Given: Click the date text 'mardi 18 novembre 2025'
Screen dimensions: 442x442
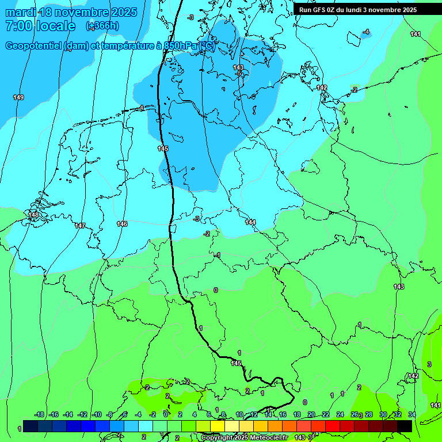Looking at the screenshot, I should point(71,12).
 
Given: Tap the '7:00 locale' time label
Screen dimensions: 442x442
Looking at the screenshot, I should point(40,26).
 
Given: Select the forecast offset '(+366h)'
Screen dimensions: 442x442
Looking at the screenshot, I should point(102,26).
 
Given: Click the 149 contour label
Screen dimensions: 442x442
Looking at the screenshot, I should point(18,97).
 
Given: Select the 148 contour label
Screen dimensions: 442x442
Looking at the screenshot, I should point(33,215).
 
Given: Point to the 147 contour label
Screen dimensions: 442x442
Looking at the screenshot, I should point(80,226).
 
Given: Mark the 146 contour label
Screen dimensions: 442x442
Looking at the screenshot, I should point(122,224).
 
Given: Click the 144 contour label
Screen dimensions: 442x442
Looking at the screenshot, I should point(250,222).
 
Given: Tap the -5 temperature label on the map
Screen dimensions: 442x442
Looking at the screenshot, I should point(238,74).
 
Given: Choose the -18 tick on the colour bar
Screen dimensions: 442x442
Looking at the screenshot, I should point(40,414).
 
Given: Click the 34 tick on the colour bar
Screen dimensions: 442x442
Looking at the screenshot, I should point(411,414).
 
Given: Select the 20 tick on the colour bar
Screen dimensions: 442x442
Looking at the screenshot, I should point(311,414).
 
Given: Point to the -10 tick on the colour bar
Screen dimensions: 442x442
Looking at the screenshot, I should point(97,414).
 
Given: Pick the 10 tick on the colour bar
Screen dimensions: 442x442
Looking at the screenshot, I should point(239,414).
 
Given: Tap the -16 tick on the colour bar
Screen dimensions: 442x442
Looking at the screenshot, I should point(54,414).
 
